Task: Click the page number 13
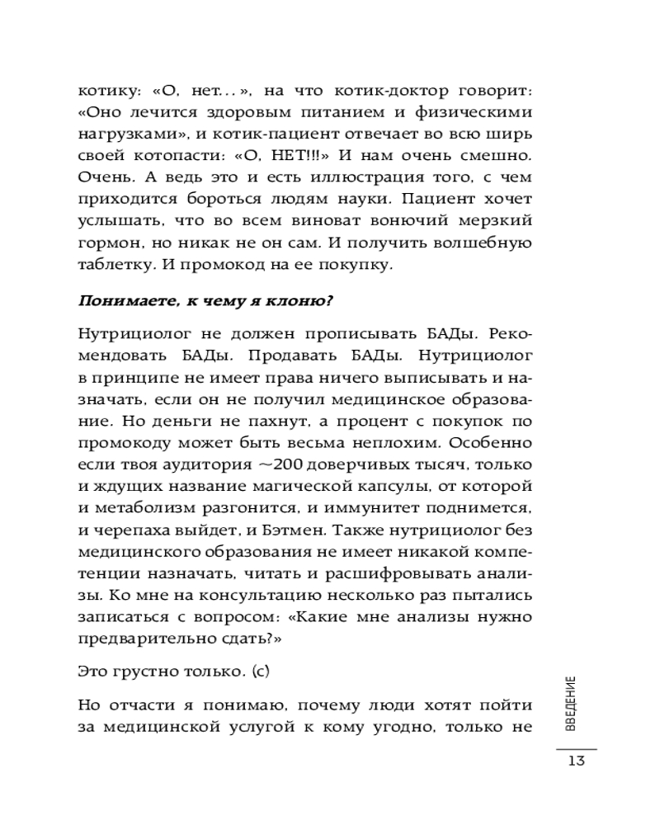point(576,761)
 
